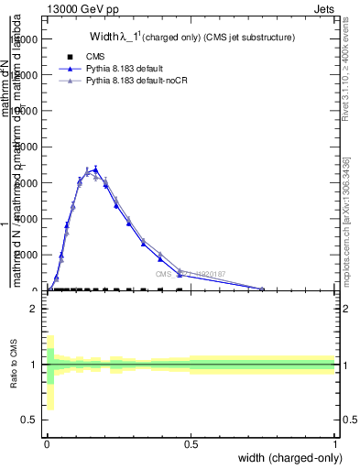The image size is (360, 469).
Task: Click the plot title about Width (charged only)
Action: [x=191, y=38]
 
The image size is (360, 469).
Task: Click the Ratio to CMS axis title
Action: [x=14, y=364]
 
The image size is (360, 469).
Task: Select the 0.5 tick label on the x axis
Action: [x=191, y=444]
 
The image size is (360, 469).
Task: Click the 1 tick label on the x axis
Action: [x=335, y=444]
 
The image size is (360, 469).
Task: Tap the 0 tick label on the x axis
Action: [x=47, y=444]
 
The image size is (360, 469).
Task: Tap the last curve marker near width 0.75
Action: [x=262, y=289]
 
